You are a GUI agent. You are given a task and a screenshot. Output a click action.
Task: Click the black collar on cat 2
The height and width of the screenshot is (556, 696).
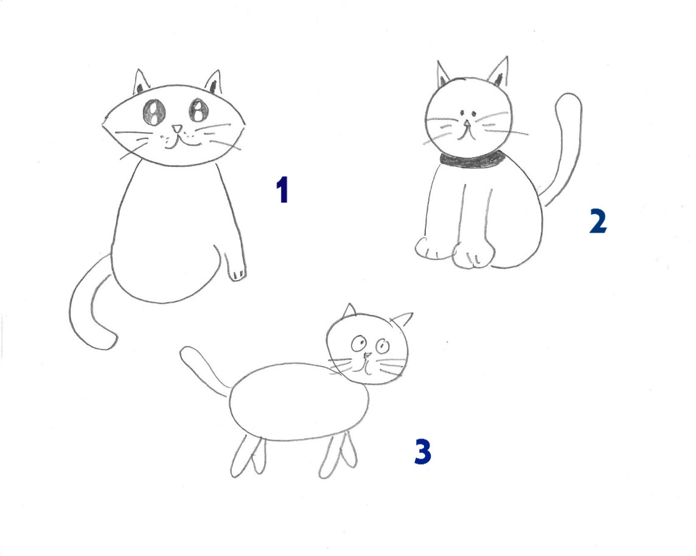click(x=473, y=160)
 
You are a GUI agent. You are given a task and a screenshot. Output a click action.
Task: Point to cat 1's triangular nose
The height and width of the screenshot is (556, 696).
click(x=176, y=129)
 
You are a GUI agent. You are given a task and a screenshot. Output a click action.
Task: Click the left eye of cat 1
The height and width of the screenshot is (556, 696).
click(x=153, y=111)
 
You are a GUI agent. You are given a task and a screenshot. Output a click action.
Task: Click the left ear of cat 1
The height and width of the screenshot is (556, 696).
click(x=141, y=82)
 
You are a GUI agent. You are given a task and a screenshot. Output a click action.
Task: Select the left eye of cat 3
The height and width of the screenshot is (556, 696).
click(x=358, y=344)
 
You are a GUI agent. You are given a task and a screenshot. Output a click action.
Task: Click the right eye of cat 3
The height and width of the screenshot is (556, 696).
click(x=381, y=347)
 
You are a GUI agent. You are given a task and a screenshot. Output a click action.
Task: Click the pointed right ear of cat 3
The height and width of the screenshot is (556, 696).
click(x=402, y=320)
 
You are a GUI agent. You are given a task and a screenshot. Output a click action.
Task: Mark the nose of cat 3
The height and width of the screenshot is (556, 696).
click(x=367, y=355)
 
